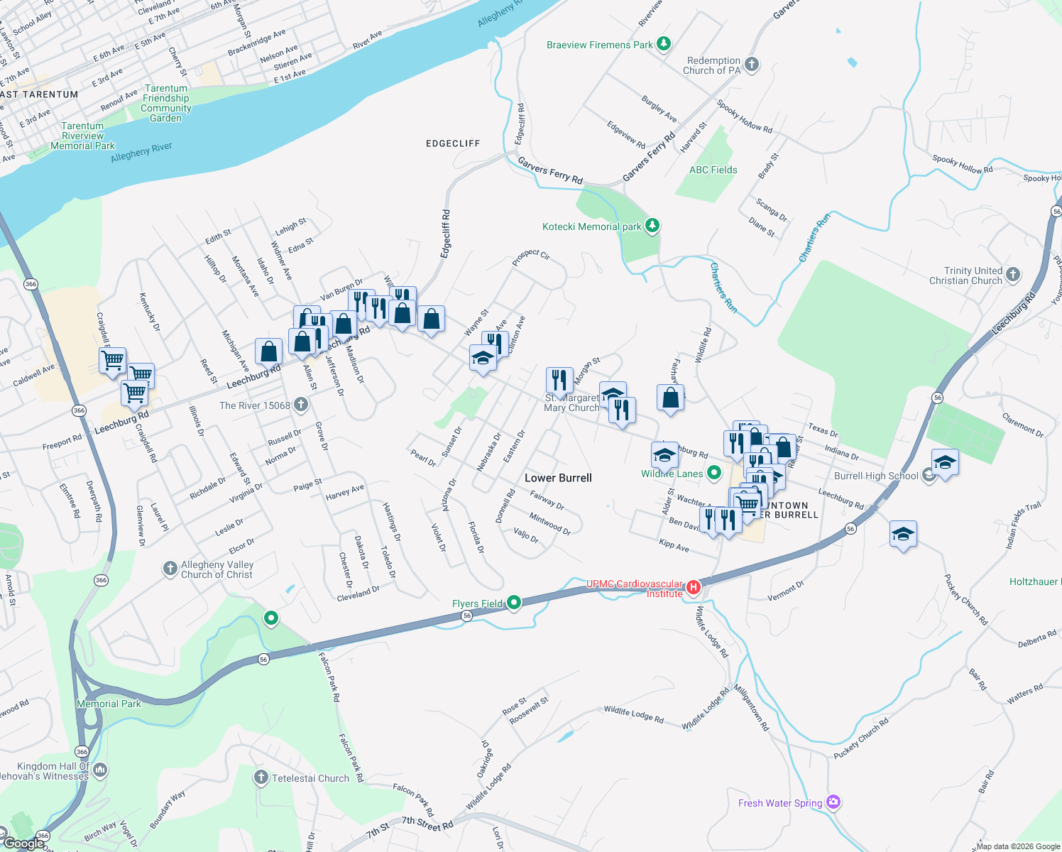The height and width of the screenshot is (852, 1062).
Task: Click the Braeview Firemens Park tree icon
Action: [x=664, y=44]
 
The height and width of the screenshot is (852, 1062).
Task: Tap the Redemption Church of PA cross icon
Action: [x=752, y=65]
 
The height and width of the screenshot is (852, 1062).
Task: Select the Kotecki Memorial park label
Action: [x=591, y=226]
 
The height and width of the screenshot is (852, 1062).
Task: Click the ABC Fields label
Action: [x=713, y=170]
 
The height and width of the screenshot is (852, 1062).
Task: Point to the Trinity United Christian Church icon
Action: [x=1013, y=274]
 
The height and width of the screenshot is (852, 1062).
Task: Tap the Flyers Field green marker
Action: [x=514, y=603]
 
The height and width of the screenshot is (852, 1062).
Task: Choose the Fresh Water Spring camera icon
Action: [x=833, y=802]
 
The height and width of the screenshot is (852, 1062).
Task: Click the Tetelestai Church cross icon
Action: [x=261, y=777]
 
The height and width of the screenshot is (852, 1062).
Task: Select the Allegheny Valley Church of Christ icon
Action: [x=170, y=568]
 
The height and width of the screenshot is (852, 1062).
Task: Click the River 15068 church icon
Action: [x=301, y=405]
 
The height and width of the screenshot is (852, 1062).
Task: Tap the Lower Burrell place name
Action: [x=558, y=478]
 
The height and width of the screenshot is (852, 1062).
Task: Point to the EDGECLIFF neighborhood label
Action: [x=453, y=143]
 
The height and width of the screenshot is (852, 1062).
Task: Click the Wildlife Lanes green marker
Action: [x=714, y=472]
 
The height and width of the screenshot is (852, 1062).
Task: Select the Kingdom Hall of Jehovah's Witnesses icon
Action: [x=100, y=770]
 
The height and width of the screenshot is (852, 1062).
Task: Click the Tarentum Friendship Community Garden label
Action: [x=166, y=104]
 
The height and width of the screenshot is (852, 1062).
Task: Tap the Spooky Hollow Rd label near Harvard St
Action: [x=744, y=116]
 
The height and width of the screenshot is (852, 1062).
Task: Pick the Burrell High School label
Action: [x=876, y=476]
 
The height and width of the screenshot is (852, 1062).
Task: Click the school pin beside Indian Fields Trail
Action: [x=902, y=535]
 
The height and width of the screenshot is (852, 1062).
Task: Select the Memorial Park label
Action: [x=109, y=704]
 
